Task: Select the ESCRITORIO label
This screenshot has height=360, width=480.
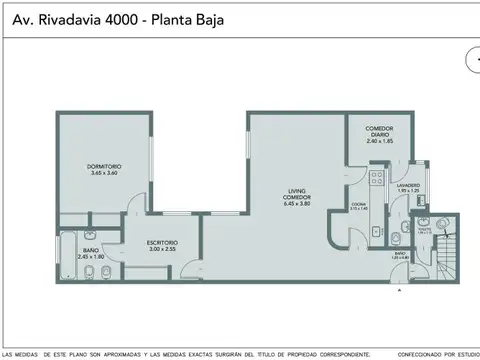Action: [162, 241]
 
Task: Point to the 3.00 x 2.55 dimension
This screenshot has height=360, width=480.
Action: [162, 249]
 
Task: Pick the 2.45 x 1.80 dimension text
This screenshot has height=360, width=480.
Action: [90, 256]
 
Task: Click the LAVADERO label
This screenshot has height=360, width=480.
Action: [406, 185]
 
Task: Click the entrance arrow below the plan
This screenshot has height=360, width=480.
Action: [399, 290]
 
